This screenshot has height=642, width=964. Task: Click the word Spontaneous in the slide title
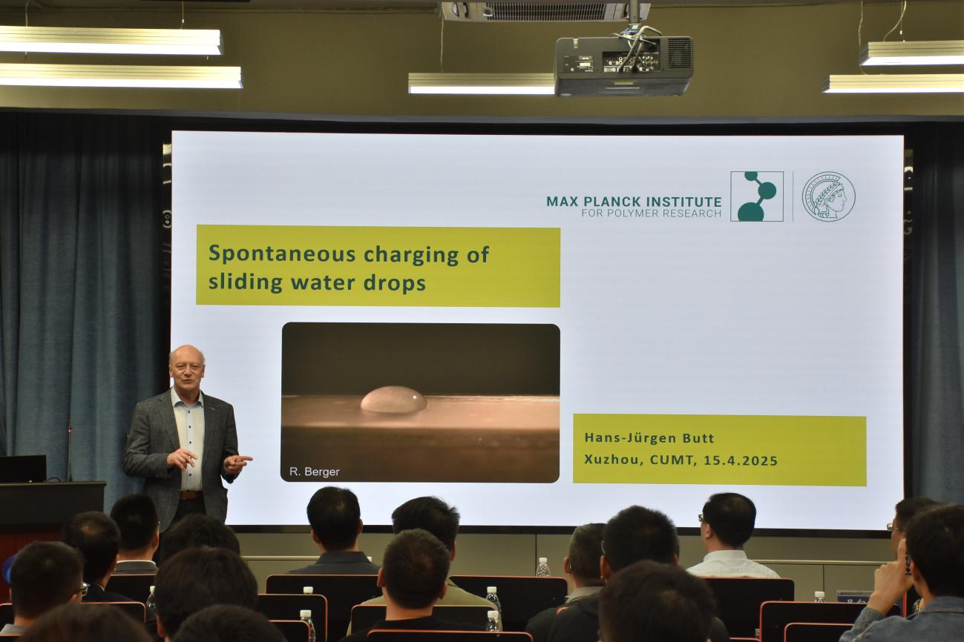pos(282,254)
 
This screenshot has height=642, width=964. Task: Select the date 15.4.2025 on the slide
pos(741,460)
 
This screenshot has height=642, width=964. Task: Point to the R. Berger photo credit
pos(314,471)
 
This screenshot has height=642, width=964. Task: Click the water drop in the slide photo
pos(393,400)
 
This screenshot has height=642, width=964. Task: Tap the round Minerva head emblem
pos(828,196)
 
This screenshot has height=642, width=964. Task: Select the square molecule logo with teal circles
pos(756,196)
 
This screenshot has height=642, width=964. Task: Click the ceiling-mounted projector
pos(623,65)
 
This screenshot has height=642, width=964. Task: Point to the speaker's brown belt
pos(191,495)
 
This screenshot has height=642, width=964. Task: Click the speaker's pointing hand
pos(237,463)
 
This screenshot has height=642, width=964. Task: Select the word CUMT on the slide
pos(672,460)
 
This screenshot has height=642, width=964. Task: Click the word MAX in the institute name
pos(562,201)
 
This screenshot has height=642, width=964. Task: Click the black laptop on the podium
pos(23,469)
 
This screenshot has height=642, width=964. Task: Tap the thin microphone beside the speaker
pos(69,454)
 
